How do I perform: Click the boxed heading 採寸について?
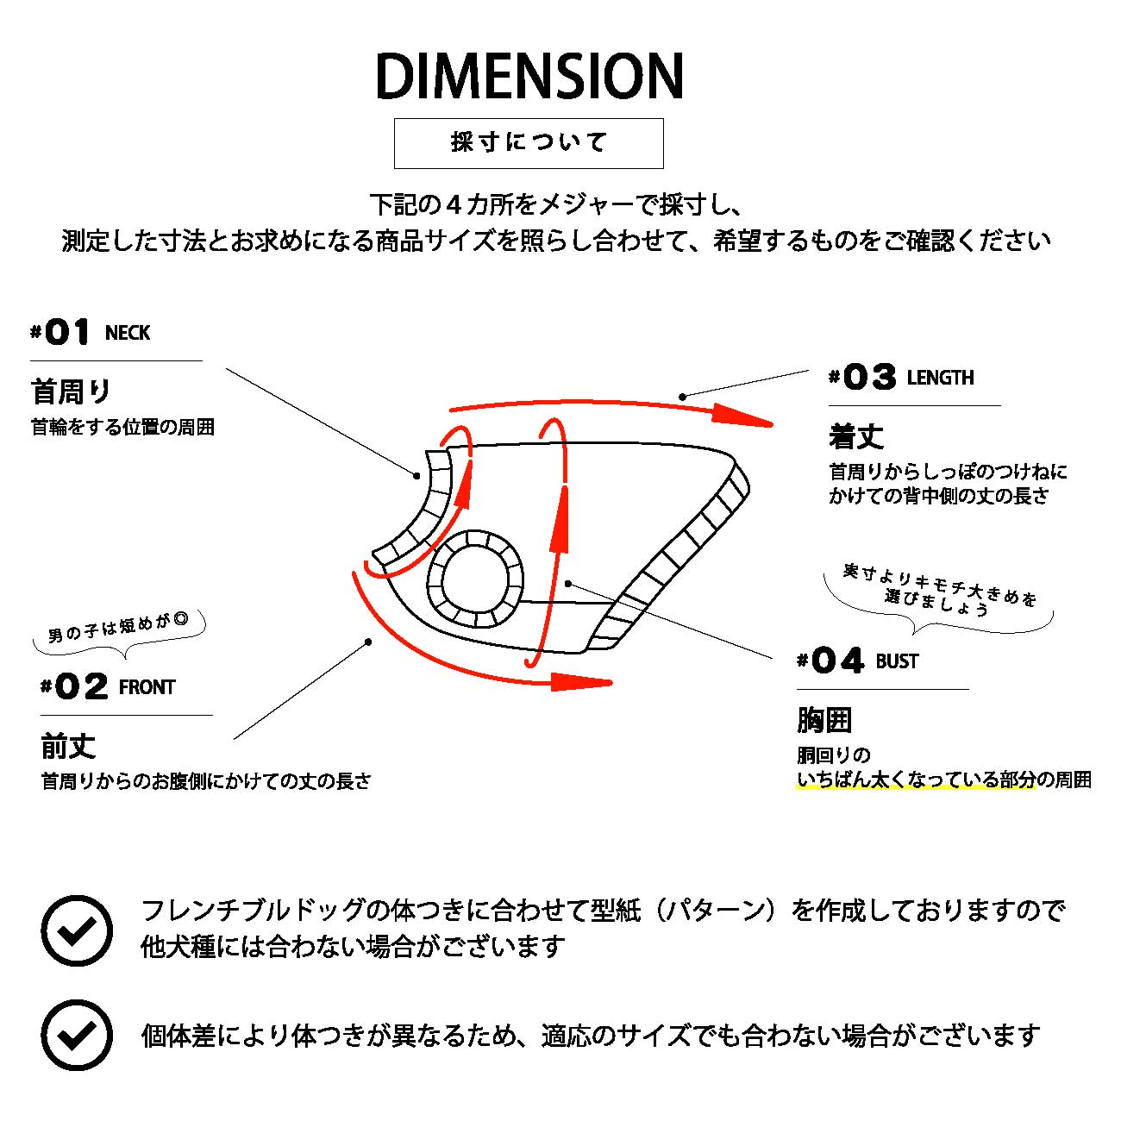(529, 142)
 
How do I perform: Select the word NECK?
(128, 334)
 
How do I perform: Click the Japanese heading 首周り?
(72, 391)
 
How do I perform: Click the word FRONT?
(147, 687)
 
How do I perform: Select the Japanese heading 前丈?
(69, 746)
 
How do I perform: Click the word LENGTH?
(940, 378)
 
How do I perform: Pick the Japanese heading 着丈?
(856, 436)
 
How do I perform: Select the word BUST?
(897, 661)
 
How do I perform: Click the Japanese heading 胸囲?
(824, 720)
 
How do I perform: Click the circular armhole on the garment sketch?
(475, 577)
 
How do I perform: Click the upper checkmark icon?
(77, 930)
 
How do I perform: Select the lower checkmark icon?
(77, 1035)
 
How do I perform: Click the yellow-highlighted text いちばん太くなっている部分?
(915, 780)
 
